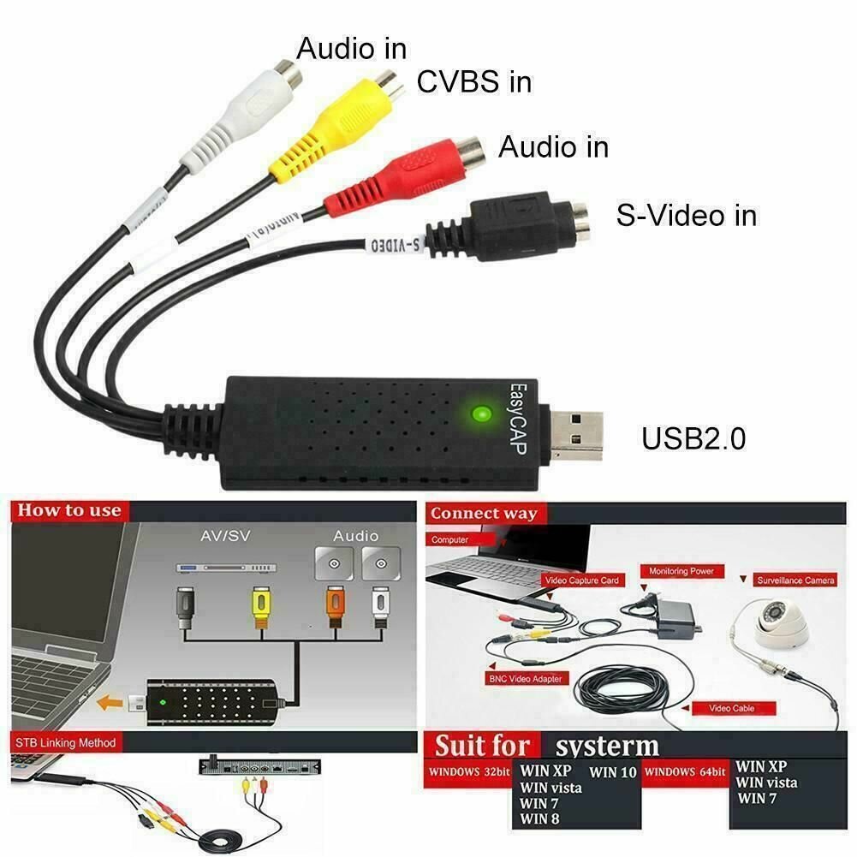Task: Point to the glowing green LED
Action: pos(480,415)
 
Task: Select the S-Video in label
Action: pos(686,215)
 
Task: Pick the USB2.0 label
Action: pos(693,438)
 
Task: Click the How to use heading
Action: pos(70,511)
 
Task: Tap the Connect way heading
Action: pos(484,514)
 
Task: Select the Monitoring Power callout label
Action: pos(681,571)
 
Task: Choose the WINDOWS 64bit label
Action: pos(685,772)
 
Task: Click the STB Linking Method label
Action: pos(64,742)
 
